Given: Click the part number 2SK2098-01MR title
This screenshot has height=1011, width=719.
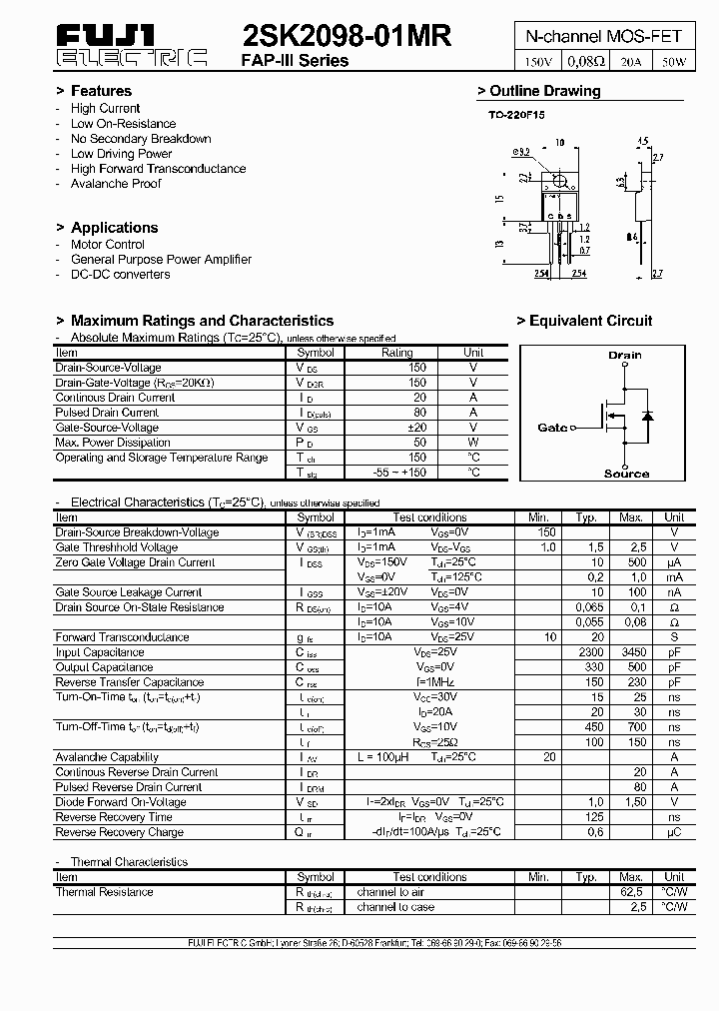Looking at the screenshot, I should [347, 37].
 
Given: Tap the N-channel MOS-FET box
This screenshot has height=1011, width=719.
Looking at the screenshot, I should [603, 36].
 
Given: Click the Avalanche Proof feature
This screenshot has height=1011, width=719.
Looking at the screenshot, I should [116, 184].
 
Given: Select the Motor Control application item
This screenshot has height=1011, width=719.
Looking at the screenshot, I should [108, 244].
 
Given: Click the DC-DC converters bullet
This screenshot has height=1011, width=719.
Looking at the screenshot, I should [120, 274].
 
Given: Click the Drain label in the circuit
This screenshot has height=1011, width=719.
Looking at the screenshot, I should [625, 355].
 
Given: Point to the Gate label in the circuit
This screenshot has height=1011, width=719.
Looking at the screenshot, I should [552, 428].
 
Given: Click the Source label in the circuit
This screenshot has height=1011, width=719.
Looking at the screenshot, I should [626, 474].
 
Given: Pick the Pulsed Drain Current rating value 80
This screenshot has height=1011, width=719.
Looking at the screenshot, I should [418, 413].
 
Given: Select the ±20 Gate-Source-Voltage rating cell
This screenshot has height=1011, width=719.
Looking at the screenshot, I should [416, 428].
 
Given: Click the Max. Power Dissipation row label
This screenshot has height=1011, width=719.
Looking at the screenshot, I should [113, 443].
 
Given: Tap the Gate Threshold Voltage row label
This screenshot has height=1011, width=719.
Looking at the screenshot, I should [117, 547].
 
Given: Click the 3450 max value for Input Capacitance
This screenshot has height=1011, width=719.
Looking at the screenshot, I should [631, 652].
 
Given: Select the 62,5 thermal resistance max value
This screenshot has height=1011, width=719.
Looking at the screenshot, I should [631, 892].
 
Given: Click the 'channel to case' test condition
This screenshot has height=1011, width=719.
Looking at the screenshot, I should [395, 907].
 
